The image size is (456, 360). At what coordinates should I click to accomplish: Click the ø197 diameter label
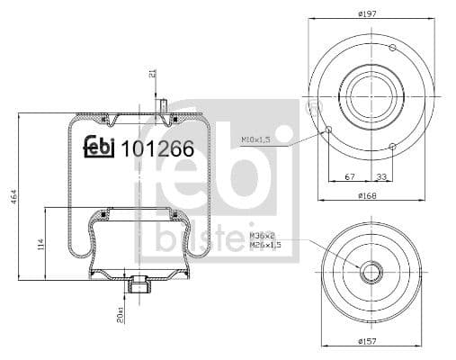click(368, 13)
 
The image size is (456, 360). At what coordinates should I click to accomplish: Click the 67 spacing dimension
click(350, 176)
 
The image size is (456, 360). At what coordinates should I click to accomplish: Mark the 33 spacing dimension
click(383, 176)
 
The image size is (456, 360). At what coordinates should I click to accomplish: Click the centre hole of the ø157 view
click(370, 271)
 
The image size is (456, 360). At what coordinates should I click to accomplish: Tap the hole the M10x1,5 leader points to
click(329, 130)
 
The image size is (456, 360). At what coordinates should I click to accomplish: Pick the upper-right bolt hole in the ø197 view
click(391, 47)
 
